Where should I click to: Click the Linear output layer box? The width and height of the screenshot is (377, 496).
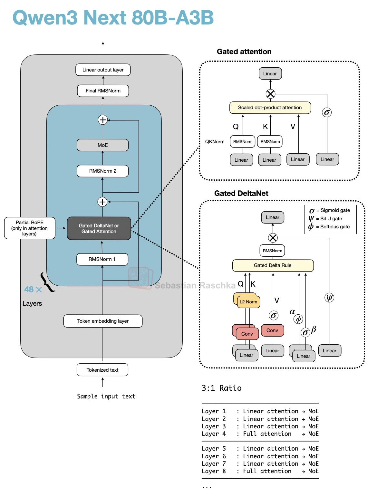103,70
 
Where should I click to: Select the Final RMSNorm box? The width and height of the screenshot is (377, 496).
103,91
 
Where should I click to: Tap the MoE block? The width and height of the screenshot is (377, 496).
102,145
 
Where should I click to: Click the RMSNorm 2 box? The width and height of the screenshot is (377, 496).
102,171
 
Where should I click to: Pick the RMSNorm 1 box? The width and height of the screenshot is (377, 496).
102,259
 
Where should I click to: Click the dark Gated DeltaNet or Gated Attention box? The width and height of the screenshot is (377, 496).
99,229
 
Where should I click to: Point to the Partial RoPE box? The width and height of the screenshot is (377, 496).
30,228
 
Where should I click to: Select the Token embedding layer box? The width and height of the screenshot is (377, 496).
103,321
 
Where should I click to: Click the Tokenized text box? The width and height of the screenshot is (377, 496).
102,370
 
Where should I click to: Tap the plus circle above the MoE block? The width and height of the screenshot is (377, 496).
102,120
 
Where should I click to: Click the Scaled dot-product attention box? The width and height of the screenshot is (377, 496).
270,108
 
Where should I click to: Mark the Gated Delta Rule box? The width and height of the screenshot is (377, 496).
273,265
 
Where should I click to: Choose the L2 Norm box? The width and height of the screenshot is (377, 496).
248,302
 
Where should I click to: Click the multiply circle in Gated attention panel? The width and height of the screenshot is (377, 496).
270,94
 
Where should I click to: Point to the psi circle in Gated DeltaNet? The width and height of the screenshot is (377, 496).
329,298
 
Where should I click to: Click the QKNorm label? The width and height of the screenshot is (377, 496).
215,142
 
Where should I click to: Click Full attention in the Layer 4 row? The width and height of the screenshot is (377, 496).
267,434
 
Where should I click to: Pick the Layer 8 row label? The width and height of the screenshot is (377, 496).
214,471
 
